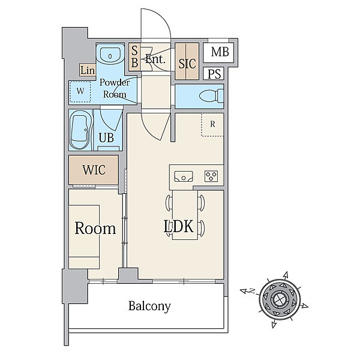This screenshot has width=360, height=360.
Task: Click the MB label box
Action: (218, 53)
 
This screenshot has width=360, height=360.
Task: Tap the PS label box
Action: (214, 73)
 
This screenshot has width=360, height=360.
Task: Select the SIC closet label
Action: (187, 64)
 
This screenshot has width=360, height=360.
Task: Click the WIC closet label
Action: (94, 170)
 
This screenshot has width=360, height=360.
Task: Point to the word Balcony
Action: (149, 306)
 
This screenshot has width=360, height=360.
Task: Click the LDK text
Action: (178, 226)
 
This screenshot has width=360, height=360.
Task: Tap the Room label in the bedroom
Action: (95, 228)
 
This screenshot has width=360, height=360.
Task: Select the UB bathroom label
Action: (106, 138)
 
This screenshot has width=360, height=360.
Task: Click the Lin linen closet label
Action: (88, 70)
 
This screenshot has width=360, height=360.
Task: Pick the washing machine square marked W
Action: (80, 92)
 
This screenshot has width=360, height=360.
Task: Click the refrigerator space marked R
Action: (212, 125)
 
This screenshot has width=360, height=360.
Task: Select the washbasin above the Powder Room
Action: (110, 55)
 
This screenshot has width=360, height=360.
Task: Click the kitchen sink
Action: (184, 176)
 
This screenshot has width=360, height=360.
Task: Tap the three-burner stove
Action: (211, 176)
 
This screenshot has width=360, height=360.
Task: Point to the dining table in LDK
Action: (185, 215)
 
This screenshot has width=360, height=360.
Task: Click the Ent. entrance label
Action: (155, 59)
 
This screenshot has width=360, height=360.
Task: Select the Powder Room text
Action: (115, 88)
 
